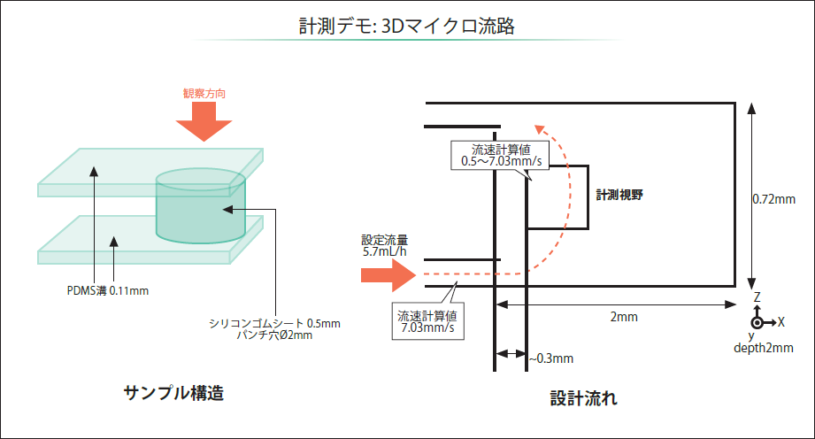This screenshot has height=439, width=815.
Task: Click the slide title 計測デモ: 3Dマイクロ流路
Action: click(406, 27)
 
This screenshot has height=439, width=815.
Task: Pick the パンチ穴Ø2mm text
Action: click(274, 335)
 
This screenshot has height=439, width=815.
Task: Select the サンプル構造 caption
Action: click(173, 392)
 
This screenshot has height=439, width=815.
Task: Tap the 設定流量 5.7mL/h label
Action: click(384, 245)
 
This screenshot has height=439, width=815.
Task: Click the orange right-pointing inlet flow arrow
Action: click(388, 275)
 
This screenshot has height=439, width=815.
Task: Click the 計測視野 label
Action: click(619, 195)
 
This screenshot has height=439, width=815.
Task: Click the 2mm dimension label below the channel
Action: click(624, 316)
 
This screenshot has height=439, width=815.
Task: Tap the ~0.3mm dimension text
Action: click(551, 358)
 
